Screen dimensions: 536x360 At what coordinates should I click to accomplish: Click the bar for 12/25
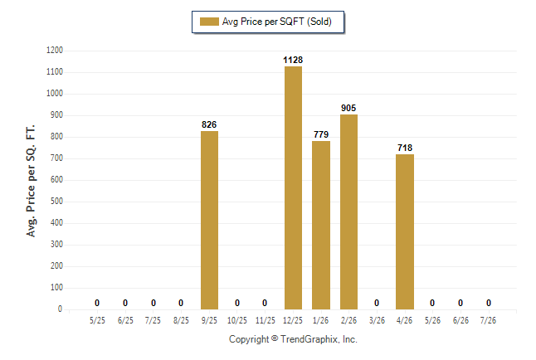click(293, 188)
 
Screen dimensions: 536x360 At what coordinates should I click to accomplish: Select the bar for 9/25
click(209, 221)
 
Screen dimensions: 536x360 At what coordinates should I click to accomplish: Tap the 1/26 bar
click(321, 226)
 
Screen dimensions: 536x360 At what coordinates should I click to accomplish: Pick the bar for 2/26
click(348, 212)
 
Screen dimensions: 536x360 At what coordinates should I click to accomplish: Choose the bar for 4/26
click(405, 232)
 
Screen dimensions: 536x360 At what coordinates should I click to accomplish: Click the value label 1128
click(293, 61)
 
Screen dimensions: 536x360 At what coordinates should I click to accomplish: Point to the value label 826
click(209, 124)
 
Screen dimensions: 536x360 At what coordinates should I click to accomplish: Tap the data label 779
click(321, 134)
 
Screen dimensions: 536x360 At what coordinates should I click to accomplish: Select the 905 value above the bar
click(348, 108)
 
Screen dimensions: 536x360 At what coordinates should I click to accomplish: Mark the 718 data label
click(405, 148)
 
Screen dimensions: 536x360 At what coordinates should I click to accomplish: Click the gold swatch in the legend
click(209, 22)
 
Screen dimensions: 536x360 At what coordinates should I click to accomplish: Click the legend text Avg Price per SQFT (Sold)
click(277, 22)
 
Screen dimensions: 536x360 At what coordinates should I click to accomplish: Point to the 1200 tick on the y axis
click(55, 51)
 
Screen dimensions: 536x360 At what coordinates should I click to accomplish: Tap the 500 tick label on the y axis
click(56, 202)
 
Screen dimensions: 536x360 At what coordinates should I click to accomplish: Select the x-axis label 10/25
click(237, 320)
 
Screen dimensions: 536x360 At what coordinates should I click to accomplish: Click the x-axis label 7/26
click(488, 320)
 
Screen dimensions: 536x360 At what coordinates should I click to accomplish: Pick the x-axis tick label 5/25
click(97, 320)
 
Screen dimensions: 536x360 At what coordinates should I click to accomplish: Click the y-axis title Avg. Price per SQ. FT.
click(31, 181)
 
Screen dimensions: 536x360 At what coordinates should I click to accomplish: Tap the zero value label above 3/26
click(377, 303)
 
